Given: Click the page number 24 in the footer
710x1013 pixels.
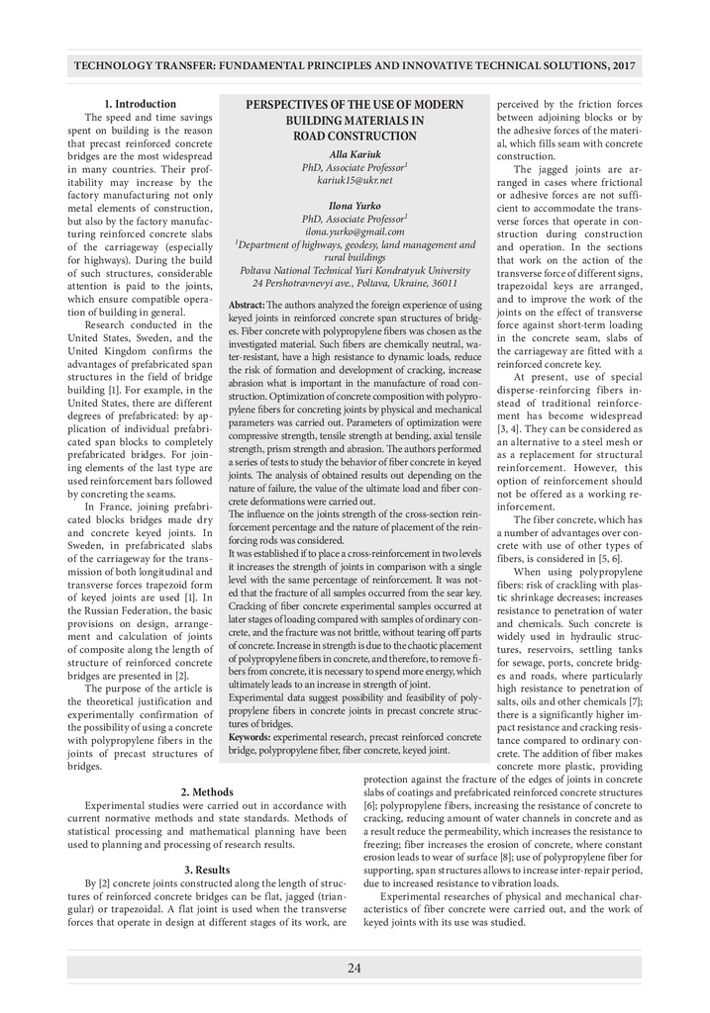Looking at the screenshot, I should point(355,967).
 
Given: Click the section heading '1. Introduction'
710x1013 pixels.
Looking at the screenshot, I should point(141,104).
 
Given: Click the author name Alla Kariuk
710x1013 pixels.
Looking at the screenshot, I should point(355,155).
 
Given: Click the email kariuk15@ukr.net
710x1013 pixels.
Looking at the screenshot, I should point(355,180).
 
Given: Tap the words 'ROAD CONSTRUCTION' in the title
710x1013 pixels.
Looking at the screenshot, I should point(355,136).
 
